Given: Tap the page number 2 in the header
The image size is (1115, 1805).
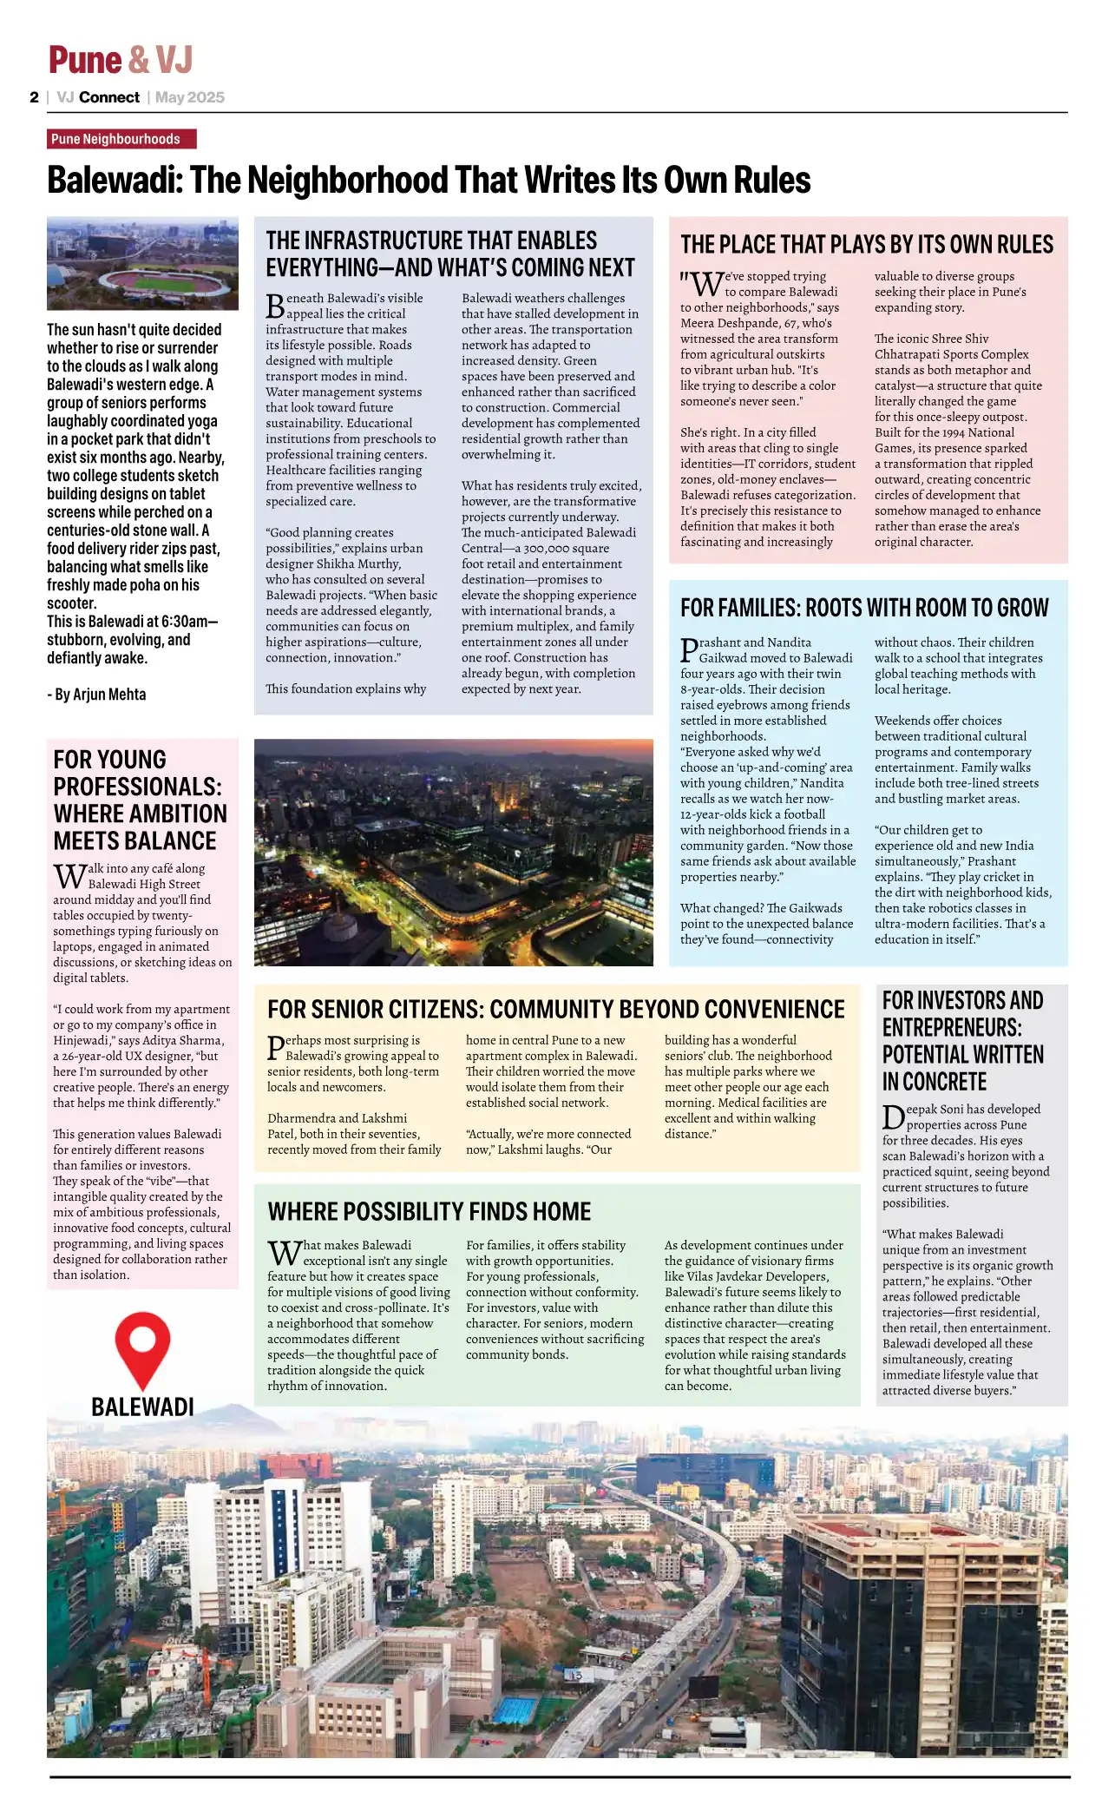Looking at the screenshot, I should [x=34, y=97].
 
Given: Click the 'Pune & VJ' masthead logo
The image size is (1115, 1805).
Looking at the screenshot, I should [x=120, y=60].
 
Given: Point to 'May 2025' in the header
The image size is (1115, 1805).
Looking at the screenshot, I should [x=190, y=97].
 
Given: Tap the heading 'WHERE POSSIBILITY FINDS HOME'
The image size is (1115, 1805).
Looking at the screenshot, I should [x=429, y=1212].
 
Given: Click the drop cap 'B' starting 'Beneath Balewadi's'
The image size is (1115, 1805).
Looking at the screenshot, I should [x=275, y=306].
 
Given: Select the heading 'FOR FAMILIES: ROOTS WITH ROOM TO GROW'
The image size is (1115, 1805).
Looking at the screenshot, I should [x=863, y=608].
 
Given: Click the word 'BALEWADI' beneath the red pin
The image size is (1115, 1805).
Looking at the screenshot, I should [x=142, y=1407].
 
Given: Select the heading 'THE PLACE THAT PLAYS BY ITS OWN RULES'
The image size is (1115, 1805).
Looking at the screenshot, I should [x=866, y=245].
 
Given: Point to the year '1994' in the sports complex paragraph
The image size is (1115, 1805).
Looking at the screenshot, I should [x=961, y=432].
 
